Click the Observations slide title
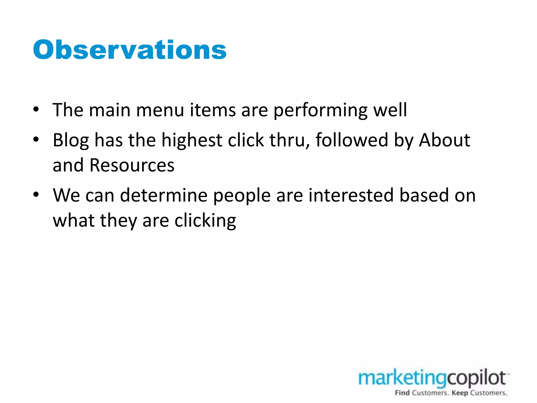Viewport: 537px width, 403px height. coord(130,50)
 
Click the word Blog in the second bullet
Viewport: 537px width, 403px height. coord(71,140)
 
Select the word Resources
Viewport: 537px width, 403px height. coord(132,165)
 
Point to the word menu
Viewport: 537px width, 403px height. coord(160,110)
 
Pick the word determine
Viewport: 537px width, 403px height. coord(164,195)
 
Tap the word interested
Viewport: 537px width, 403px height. coord(351,195)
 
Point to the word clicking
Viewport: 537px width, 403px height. coord(205,221)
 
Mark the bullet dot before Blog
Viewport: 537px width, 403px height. coord(36,139)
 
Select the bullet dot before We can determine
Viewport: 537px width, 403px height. coord(36,195)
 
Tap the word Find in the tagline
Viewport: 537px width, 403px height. coord(402,393)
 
